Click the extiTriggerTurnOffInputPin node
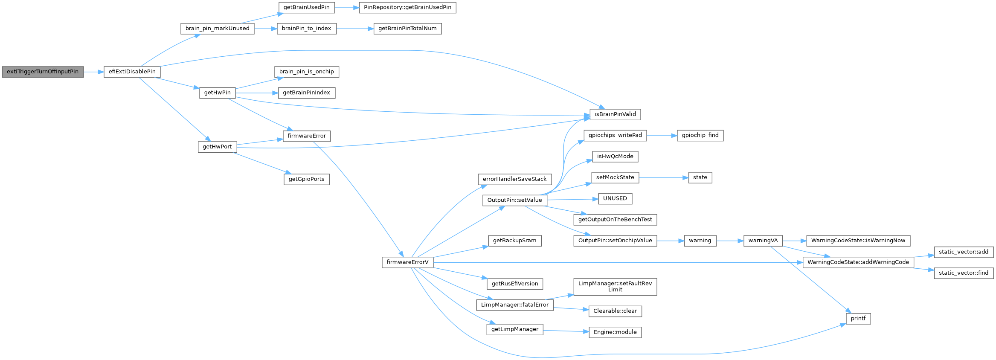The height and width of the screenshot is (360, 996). click(43, 72)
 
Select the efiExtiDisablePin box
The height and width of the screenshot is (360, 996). click(132, 72)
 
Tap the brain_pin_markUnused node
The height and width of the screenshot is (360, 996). click(217, 29)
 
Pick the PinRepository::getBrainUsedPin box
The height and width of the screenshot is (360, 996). click(407, 8)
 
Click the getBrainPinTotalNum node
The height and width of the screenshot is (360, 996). click(407, 29)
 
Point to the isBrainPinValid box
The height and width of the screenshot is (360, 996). click(615, 114)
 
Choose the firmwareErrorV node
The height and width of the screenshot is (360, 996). click(407, 262)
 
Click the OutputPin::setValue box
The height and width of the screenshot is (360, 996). click(514, 200)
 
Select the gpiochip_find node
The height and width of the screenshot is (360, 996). click(700, 135)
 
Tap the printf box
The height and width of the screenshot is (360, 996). click(858, 319)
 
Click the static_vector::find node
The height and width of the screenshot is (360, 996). click(964, 273)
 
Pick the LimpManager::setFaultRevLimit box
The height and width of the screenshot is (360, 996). click(615, 287)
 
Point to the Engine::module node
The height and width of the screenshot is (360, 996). click(615, 332)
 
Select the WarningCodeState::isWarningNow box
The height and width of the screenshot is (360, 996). click(858, 241)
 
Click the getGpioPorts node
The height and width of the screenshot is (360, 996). click(306, 179)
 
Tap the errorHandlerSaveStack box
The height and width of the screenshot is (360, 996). click(514, 179)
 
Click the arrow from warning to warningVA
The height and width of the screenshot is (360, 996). click(729, 241)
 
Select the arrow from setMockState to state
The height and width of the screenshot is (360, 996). click(664, 177)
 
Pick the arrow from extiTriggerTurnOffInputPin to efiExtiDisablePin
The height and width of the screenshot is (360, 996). click(94, 72)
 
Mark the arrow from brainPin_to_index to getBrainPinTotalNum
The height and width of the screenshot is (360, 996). click(355, 29)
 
